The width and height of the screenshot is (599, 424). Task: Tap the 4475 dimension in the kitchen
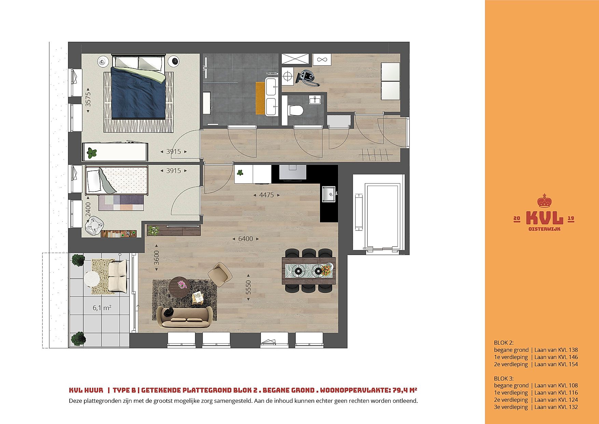click(267, 195)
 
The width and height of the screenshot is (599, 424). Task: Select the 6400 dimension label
click(246, 239)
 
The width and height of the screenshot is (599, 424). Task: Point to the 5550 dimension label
click(248, 288)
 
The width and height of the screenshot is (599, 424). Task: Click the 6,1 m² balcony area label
click(102, 308)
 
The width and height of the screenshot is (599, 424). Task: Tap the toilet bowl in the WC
click(296, 110)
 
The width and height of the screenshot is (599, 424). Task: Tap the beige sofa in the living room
click(184, 317)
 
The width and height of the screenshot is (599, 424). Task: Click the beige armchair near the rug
click(220, 274)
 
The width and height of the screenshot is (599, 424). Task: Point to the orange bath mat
click(261, 98)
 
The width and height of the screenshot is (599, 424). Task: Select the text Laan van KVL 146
click(556, 357)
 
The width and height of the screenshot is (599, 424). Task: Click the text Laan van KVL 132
click(556, 407)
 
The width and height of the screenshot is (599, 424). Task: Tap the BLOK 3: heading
click(504, 379)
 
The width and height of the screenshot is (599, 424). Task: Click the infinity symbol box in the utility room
click(321, 59)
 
